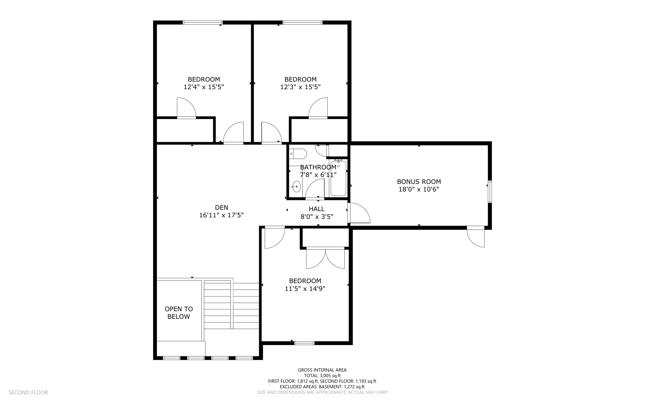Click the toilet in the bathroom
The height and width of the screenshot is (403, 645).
298,154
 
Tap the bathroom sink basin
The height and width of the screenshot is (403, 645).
296,187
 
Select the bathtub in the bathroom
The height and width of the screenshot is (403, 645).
338,178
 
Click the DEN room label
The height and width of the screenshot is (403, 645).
221,208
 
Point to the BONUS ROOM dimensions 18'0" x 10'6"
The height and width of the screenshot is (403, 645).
419,189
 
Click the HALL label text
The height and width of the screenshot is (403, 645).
317,209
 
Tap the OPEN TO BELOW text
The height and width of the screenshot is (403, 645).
179,313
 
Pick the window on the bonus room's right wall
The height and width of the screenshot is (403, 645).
490,191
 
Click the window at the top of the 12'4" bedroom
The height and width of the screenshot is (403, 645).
203,22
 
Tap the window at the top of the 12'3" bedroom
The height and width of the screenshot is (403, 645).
302,22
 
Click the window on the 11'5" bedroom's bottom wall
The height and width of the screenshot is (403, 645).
304,343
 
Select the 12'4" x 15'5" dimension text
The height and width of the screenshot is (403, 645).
204,87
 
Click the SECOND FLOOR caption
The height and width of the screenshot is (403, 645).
28,392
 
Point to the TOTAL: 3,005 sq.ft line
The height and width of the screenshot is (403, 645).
322,376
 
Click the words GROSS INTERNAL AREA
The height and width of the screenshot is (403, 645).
322,370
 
